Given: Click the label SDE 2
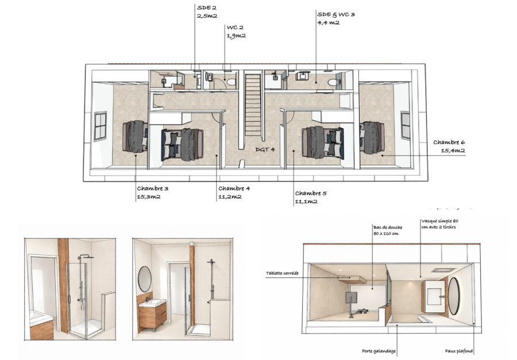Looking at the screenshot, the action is tap(207, 7).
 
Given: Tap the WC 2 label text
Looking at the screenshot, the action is tap(235, 28).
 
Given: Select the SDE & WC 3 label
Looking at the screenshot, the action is tap(336, 14).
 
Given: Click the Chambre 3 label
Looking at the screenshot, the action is tap(153, 188).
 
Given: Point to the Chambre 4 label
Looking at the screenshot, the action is tap(234, 188).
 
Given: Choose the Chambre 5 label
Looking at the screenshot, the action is tap(311, 193).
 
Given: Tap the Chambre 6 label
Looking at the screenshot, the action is tap(449, 142).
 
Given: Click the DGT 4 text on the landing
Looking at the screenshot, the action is tap(265, 150).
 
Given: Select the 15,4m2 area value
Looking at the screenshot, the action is tap(453, 150).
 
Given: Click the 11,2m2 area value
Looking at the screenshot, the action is tap(230, 197).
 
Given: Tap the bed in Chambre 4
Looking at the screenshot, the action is tap(182, 145).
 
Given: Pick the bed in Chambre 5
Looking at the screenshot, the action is tap(323, 143).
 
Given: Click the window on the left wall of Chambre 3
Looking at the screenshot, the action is tap(100, 126).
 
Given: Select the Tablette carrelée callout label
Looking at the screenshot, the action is tap(282, 273).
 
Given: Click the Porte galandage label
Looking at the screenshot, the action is tap(379, 351).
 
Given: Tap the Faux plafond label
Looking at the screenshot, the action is tap(458, 351).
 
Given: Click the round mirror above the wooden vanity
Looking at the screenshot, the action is tap(144, 279).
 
